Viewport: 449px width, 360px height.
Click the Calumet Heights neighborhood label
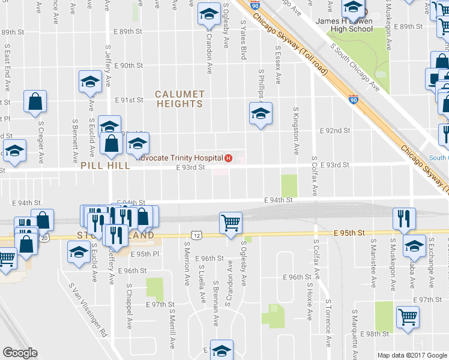[x=179, y=99]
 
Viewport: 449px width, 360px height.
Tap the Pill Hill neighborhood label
[x=104, y=165]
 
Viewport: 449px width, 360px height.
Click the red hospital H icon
[x=228, y=158]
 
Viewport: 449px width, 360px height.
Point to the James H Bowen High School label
[x=344, y=25]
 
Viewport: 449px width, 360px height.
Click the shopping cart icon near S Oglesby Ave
[x=231, y=223]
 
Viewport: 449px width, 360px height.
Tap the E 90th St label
[x=127, y=65]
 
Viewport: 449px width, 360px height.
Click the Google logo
[x=20, y=353]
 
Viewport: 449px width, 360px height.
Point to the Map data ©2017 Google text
[x=412, y=355]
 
